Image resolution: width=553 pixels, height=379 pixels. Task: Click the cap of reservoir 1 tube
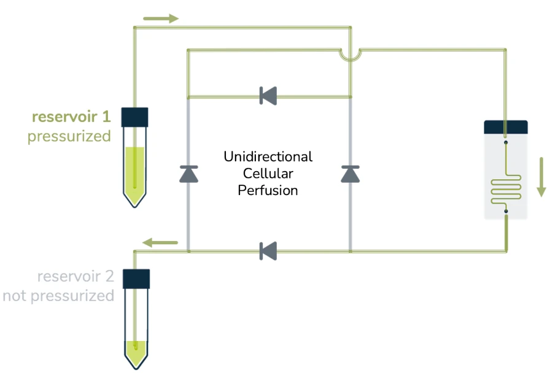(x=136, y=117)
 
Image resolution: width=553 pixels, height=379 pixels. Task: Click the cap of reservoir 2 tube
(x=136, y=278)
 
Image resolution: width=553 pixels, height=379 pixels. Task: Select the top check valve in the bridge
(x=268, y=96)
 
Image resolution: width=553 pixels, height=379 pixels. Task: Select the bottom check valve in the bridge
(x=268, y=251)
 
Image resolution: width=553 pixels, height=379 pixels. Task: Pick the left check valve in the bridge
(x=188, y=174)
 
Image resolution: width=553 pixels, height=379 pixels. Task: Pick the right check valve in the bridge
(x=350, y=174)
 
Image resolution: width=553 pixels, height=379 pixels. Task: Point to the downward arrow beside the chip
(x=541, y=177)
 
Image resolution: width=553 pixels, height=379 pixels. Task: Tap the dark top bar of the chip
(x=506, y=126)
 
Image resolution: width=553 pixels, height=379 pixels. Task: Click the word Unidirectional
(x=268, y=156)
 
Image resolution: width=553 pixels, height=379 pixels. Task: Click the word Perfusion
(x=268, y=190)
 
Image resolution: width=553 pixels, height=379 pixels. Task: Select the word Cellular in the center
(x=268, y=173)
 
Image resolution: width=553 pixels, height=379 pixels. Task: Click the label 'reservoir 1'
(x=71, y=117)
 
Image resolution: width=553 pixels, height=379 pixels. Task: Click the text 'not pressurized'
(x=58, y=296)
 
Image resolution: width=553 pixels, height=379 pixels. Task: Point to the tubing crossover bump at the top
(x=350, y=55)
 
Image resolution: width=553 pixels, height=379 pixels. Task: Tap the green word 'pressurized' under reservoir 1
(x=69, y=136)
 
